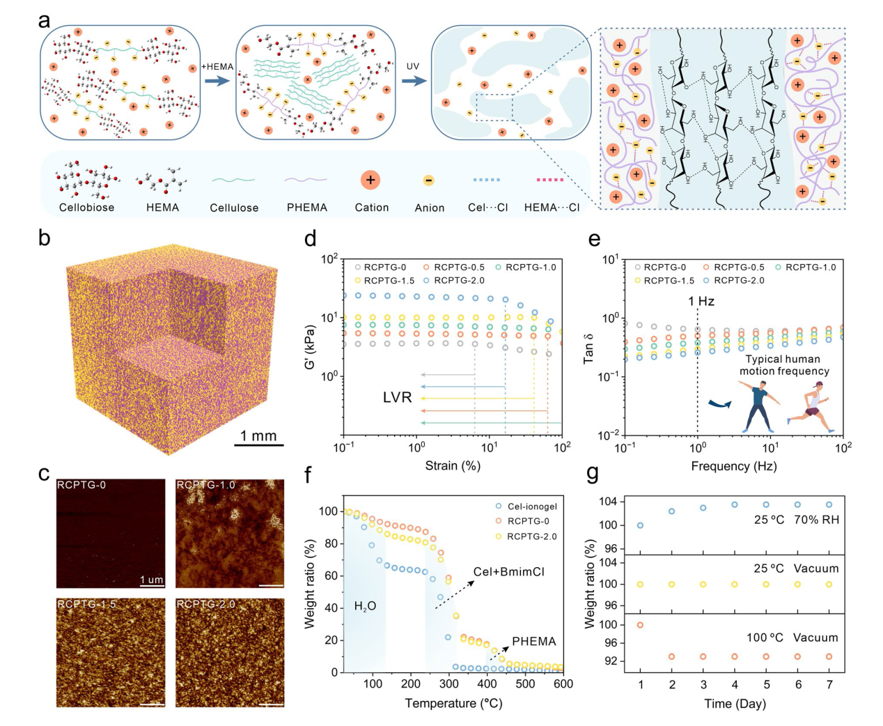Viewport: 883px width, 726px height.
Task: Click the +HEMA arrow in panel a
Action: (x=217, y=81)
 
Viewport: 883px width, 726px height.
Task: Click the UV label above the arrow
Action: (x=414, y=67)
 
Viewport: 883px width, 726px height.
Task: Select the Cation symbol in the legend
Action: (x=370, y=180)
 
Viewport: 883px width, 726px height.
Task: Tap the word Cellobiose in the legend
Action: (x=86, y=208)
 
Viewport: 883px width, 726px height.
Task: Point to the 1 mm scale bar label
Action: (x=258, y=436)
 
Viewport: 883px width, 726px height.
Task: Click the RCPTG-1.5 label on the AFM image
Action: (x=86, y=604)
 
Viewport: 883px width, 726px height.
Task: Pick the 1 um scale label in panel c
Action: (x=151, y=580)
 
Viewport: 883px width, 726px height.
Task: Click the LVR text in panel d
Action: (x=397, y=398)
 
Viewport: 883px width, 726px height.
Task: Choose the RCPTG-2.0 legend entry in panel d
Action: (x=459, y=281)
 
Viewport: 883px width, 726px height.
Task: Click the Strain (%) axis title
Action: (x=453, y=465)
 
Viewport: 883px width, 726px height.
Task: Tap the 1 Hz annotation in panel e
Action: (x=701, y=302)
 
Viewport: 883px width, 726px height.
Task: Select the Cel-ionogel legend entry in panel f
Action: (x=531, y=507)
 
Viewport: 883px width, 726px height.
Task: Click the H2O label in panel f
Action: (x=365, y=607)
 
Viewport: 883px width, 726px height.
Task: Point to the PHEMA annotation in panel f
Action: (x=533, y=642)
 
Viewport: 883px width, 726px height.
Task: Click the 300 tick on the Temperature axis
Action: (x=449, y=683)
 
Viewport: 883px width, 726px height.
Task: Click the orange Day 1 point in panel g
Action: (x=641, y=625)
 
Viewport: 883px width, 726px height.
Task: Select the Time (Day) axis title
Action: (x=735, y=704)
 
